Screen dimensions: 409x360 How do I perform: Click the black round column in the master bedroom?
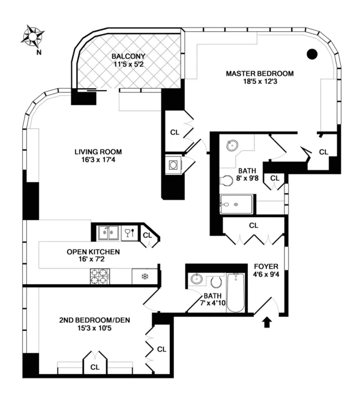pos(311,54)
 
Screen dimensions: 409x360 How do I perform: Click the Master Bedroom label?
pos(259,74)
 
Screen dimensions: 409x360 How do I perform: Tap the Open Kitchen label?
pos(93,252)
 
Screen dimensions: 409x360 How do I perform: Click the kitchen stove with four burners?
pos(99,276)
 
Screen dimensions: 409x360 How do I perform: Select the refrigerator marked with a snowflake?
pos(145,276)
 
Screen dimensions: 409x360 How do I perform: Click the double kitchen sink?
pos(107,232)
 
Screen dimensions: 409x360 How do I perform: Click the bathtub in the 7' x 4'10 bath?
pos(236,291)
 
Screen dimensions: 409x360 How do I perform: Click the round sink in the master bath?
pos(231,145)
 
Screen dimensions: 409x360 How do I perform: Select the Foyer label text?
pos(266,266)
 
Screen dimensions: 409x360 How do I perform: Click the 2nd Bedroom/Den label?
pos(95,320)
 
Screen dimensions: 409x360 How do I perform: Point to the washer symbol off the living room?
pos(173,165)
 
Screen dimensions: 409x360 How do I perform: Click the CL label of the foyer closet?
pos(253,225)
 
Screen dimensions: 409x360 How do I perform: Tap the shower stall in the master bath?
pos(236,204)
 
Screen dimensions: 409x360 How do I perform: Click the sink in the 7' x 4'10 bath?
pos(196,279)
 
